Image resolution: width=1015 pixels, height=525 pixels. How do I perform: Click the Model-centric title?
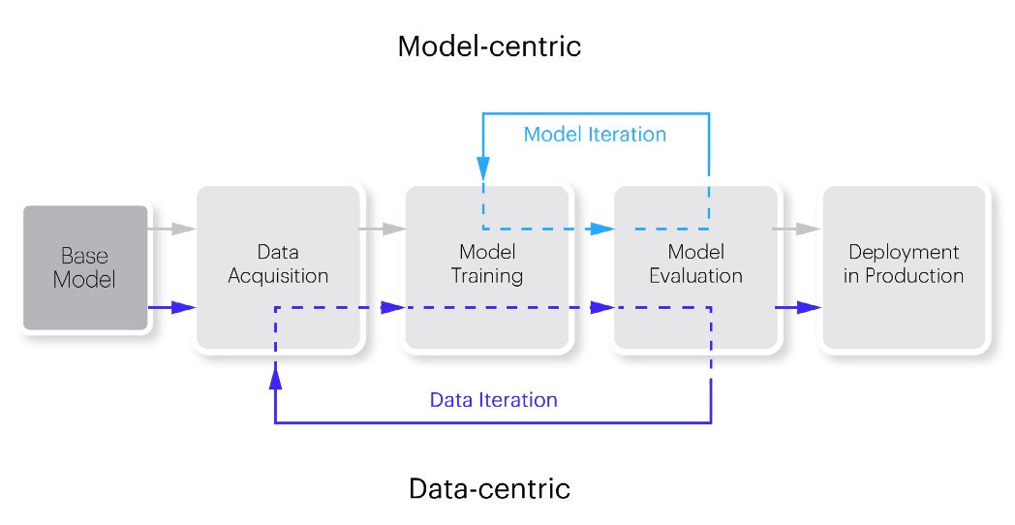[x=489, y=46]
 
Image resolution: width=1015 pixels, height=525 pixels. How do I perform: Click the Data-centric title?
[x=489, y=488]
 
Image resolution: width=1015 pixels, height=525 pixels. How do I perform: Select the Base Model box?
[x=85, y=268]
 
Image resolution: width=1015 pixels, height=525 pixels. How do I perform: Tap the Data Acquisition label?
[x=278, y=263]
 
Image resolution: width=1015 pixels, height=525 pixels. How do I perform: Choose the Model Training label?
[x=487, y=263]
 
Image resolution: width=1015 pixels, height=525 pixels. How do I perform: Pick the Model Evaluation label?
[x=695, y=263]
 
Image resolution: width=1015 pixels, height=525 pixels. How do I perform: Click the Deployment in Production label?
[x=904, y=263]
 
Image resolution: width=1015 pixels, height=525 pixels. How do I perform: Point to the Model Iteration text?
[x=595, y=135]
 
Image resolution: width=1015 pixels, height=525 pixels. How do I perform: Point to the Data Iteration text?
[x=494, y=400]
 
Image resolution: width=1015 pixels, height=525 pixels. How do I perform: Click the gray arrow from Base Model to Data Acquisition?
[x=172, y=229]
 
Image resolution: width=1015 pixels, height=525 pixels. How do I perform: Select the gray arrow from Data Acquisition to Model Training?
[x=383, y=229]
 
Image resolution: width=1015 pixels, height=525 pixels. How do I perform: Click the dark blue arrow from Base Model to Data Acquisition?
[x=172, y=307]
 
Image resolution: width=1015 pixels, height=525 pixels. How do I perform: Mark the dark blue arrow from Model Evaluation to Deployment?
[x=798, y=307]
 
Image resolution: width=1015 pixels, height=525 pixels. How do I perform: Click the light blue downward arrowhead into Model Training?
[x=483, y=168]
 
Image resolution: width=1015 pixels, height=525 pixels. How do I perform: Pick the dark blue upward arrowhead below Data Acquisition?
[x=276, y=376]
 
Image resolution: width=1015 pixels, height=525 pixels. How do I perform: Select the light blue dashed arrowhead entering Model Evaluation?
[x=602, y=229]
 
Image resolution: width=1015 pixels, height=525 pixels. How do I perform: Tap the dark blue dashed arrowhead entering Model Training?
[x=393, y=307]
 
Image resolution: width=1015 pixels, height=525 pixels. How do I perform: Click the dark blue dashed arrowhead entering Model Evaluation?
[x=602, y=307]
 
